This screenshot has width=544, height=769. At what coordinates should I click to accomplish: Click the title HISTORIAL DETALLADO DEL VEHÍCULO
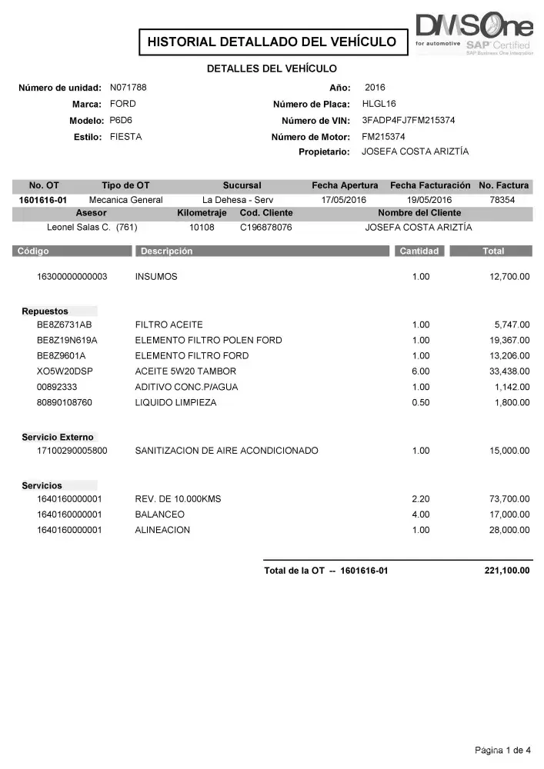(272, 42)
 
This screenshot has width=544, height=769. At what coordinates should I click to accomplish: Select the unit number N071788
(128, 87)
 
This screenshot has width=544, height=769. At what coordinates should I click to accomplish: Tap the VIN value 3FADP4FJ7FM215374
(408, 120)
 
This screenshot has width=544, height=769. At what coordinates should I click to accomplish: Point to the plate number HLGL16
(379, 104)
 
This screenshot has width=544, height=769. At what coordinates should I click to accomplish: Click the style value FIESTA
(126, 137)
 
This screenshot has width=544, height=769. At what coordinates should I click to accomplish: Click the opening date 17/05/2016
(344, 199)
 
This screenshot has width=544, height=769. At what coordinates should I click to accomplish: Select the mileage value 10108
(202, 228)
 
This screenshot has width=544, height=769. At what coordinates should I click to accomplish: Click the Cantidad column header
(419, 251)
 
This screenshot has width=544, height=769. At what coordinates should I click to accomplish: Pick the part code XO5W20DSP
(65, 371)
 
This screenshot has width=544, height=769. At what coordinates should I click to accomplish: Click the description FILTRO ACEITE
(169, 325)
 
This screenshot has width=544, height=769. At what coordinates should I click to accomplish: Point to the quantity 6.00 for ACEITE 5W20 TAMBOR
(420, 371)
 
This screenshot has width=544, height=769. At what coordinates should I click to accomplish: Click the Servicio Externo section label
(58, 438)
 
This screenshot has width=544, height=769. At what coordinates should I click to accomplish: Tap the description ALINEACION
(162, 530)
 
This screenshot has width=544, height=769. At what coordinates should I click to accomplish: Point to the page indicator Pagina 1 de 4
(503, 750)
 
